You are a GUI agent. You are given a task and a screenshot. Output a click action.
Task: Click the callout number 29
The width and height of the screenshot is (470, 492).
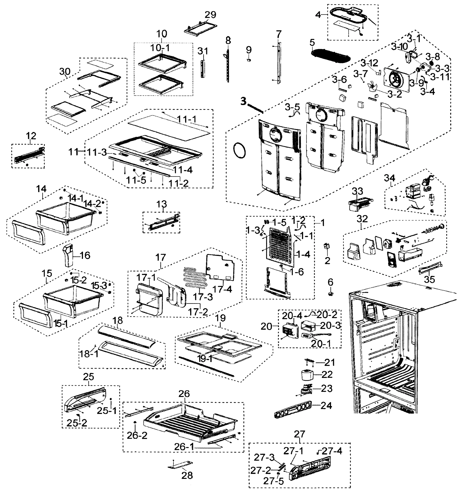click(210, 15)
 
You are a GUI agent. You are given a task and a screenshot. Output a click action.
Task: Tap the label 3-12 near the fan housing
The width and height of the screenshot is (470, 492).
click(369, 63)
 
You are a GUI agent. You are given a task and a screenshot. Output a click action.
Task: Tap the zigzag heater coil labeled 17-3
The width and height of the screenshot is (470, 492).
click(195, 278)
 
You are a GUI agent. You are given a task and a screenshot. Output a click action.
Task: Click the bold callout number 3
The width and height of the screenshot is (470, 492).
click(243, 101)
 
